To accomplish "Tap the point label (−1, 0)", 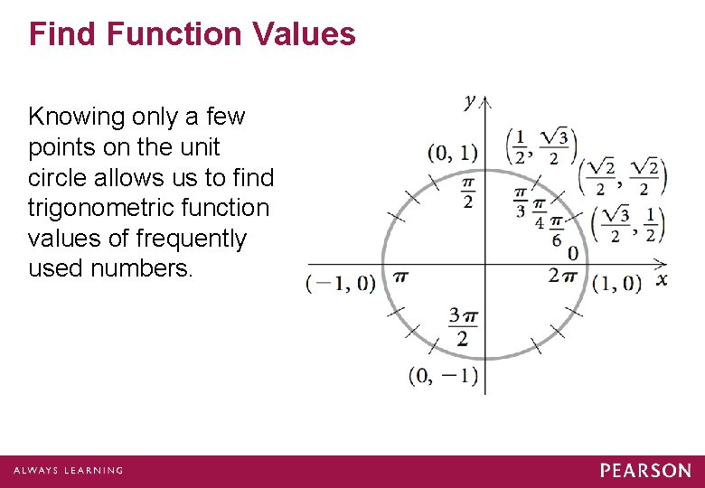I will (341, 283).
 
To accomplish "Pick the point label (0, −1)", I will (443, 374).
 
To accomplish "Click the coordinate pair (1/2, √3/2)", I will (541, 146).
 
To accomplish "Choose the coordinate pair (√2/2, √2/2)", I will (621, 176).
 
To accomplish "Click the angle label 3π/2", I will (463, 326).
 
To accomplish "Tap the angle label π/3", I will (521, 202).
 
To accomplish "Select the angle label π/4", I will (540, 214).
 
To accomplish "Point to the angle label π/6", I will (557, 231).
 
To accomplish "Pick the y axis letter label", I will (470, 102).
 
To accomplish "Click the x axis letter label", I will (662, 279).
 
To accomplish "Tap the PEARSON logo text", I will (645, 471).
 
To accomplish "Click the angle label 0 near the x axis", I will (572, 254).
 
